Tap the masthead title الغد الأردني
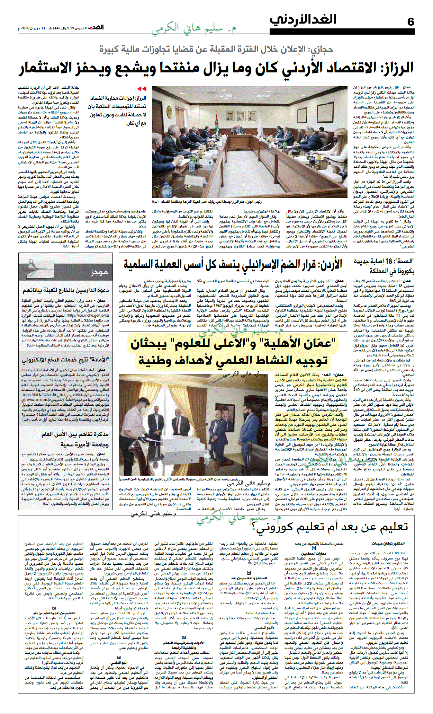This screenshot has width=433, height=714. tap(303, 20)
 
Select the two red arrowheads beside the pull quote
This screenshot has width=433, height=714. tap(142, 89)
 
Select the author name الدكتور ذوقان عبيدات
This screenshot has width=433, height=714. tap(388, 544)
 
